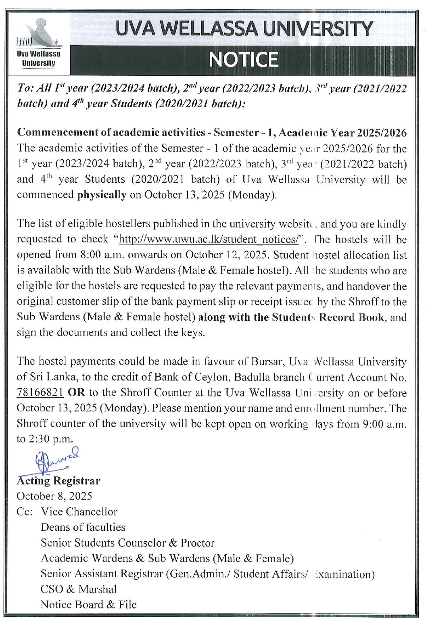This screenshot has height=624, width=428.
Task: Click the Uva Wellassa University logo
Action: pos(39,44)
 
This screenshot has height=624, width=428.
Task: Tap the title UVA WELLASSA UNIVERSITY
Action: pos(244,29)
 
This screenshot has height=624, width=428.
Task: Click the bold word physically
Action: pos(102,195)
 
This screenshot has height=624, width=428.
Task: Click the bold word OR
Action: pos(75,392)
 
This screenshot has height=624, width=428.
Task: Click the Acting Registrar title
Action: pos(58,481)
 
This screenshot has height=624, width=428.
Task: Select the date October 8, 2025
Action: pos(54,496)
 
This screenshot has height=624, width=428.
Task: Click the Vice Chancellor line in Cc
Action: pos(79,512)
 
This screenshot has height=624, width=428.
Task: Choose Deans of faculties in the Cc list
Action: pos(83,527)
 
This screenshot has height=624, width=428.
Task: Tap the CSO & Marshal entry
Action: pos(78,589)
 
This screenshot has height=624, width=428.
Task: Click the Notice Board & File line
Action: pos(88,605)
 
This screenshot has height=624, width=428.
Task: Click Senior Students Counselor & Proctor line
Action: pos(127,543)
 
